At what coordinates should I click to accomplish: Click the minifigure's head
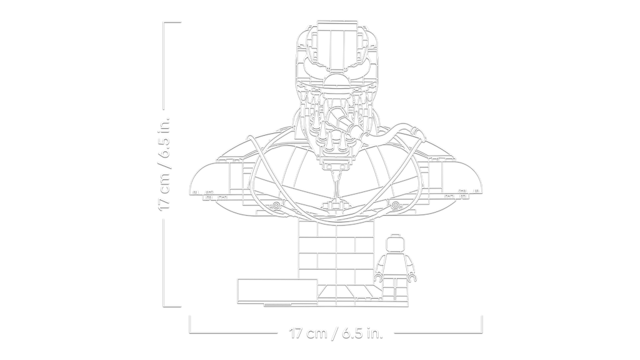click(x=395, y=244)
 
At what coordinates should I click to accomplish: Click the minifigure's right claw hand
click(x=412, y=277)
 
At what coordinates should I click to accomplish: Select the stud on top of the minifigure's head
click(x=395, y=235)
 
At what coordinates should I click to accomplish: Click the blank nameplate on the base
click(x=277, y=291)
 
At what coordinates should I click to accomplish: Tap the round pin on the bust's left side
click(x=276, y=205)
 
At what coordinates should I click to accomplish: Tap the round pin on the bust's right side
click(x=396, y=205)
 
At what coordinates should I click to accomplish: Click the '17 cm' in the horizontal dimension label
click(x=309, y=334)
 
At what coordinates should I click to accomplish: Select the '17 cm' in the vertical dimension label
click(x=164, y=192)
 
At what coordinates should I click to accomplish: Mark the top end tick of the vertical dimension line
click(x=172, y=22)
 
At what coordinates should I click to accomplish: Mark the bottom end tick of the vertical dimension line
click(x=172, y=306)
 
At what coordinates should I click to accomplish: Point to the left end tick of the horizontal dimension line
click(x=189, y=324)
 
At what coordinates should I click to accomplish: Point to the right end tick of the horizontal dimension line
click(x=482, y=324)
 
